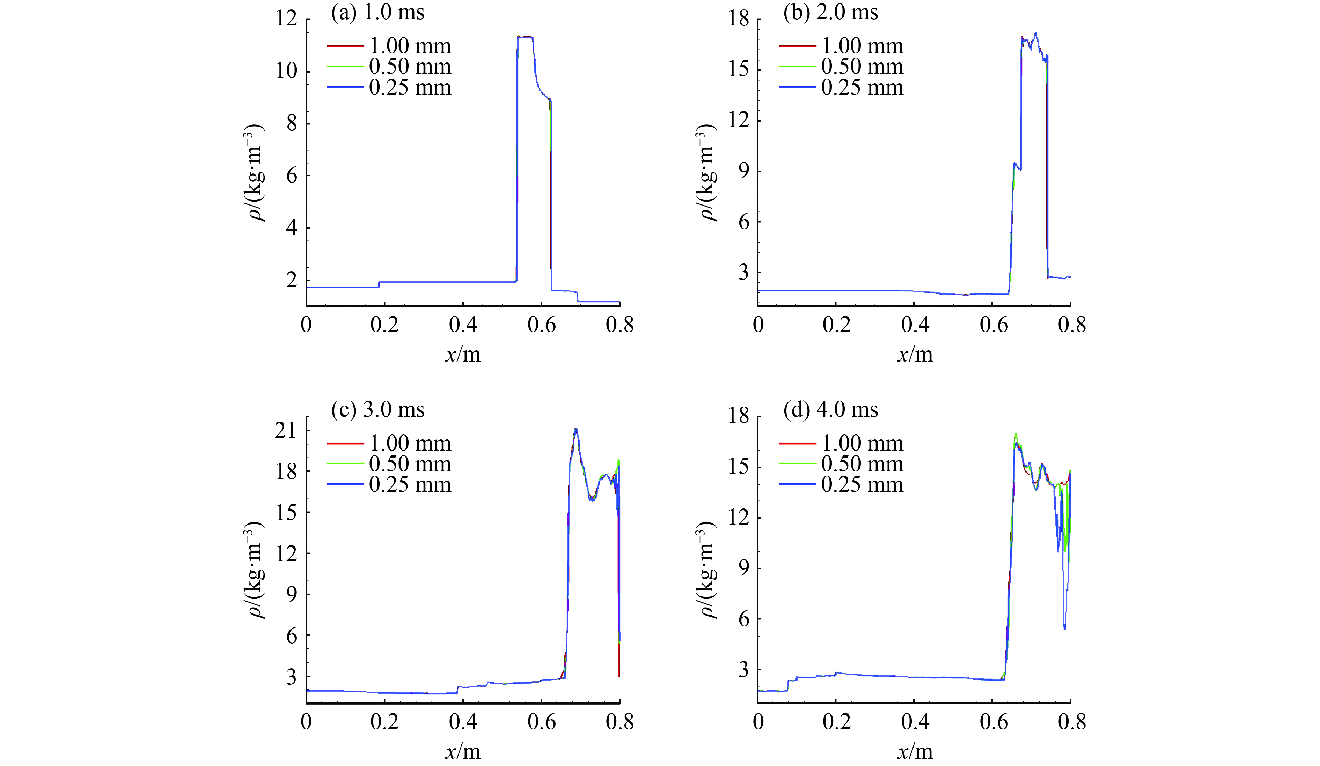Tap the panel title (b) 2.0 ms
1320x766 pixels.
(830, 13)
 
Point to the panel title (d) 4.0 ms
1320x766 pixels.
(830, 409)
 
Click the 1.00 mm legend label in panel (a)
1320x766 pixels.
(410, 46)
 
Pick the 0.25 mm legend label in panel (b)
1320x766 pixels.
(862, 88)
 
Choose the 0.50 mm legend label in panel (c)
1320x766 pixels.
(410, 464)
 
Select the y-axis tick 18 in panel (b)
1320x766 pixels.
(739, 20)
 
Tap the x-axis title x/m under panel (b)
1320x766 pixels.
(915, 355)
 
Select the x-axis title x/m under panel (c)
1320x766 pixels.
(462, 752)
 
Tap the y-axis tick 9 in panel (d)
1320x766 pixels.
(744, 568)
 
